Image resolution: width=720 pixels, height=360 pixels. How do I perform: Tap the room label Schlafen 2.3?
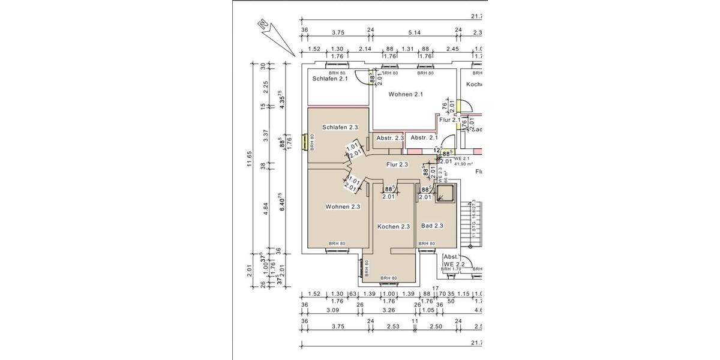point(340,127)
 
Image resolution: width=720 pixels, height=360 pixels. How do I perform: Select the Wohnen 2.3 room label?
point(343,207)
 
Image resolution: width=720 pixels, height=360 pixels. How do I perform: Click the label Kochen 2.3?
point(393,226)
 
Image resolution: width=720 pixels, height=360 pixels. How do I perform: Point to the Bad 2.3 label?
point(432,226)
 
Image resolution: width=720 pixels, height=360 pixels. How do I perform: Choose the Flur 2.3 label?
point(397,164)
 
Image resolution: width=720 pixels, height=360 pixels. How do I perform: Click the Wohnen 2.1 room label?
point(406,94)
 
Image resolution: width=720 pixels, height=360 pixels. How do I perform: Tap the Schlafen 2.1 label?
point(330,79)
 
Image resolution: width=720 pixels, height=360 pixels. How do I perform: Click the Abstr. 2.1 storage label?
point(424,138)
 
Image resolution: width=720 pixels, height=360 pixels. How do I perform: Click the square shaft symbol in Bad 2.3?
point(446,194)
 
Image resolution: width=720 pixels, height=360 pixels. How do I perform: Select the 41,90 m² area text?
point(464,163)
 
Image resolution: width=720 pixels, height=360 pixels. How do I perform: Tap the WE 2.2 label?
point(455,264)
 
